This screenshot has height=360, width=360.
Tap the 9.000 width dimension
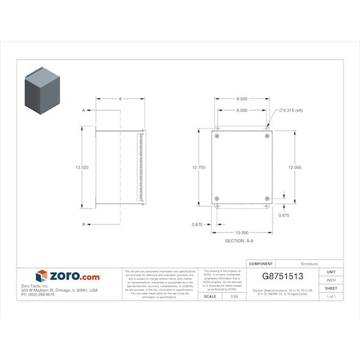(x=242, y=99)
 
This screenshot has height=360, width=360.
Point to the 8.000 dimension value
(x=242, y=110)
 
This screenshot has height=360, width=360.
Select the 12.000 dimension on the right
(x=295, y=167)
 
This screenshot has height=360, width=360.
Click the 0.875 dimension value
(x=284, y=215)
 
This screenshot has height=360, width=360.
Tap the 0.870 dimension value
(x=197, y=225)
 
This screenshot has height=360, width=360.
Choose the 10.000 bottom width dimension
(x=242, y=232)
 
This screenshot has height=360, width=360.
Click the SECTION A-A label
(x=239, y=242)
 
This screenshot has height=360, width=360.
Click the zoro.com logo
(x=68, y=276)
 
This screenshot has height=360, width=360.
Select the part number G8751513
(x=286, y=276)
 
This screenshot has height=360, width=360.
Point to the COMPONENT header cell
(x=261, y=263)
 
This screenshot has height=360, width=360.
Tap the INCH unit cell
(x=331, y=280)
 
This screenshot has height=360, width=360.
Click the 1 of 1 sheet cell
(x=331, y=296)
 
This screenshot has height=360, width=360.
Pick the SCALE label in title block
(x=209, y=296)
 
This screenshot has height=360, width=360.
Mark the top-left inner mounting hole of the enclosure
(x=217, y=135)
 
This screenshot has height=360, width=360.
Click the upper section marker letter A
(x=83, y=110)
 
